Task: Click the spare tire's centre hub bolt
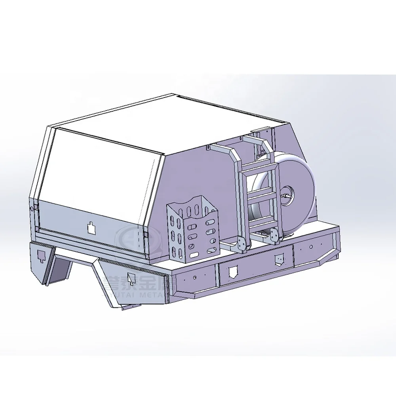tap(286, 196)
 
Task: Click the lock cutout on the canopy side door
tap(91, 227)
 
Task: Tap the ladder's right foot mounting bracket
tap(274, 236)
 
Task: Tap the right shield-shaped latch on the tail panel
tap(280, 259)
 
